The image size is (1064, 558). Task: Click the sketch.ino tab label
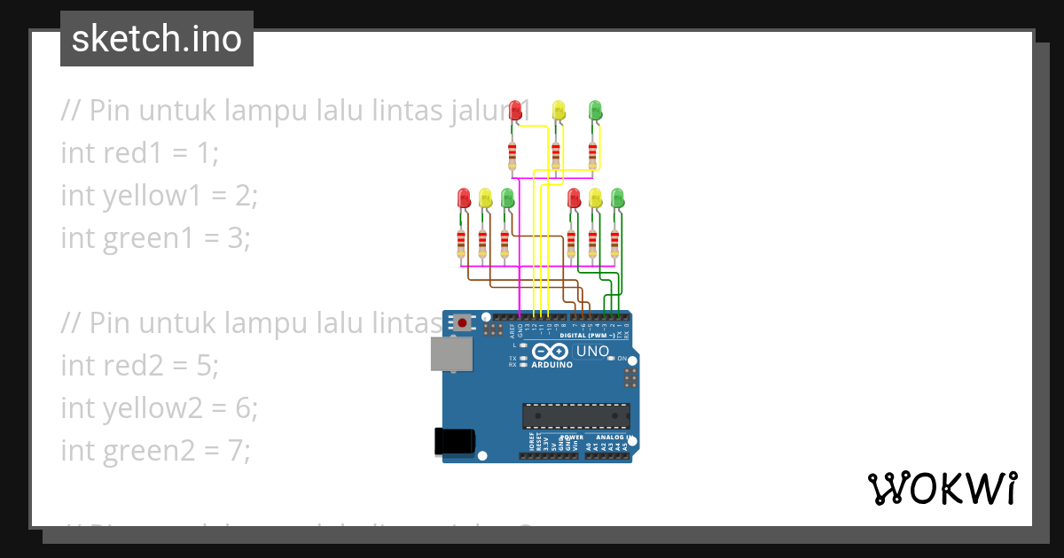[156, 39]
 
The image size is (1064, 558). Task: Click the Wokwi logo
[941, 488]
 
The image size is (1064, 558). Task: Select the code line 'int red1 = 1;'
[139, 152]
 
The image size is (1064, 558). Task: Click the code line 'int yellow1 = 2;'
[159, 195]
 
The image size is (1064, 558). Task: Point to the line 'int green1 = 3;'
[155, 237]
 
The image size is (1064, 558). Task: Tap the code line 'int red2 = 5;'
[139, 365]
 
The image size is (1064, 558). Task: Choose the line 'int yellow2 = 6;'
[159, 407]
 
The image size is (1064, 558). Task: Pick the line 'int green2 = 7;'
[155, 450]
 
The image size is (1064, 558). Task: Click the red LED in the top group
[516, 110]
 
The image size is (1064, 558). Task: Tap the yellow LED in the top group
[559, 110]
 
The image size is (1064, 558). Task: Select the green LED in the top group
[596, 110]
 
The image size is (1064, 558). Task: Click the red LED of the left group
[463, 197]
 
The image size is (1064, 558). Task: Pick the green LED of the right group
[618, 197]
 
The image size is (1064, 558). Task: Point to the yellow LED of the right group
[596, 197]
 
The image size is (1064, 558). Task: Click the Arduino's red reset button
[462, 323]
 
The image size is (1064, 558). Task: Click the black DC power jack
[455, 442]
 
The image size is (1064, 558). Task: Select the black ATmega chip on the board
[576, 416]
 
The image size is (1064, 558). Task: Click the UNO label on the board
[592, 352]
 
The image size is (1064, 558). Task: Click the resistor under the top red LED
[512, 155]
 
